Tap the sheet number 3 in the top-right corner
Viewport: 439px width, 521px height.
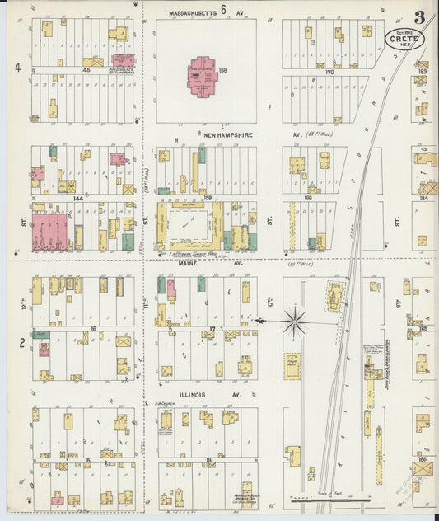(x=420, y=17)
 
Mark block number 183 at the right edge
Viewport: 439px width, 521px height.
(x=423, y=72)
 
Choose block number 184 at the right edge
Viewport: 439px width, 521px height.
(x=423, y=199)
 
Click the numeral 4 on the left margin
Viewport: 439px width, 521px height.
(x=16, y=68)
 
